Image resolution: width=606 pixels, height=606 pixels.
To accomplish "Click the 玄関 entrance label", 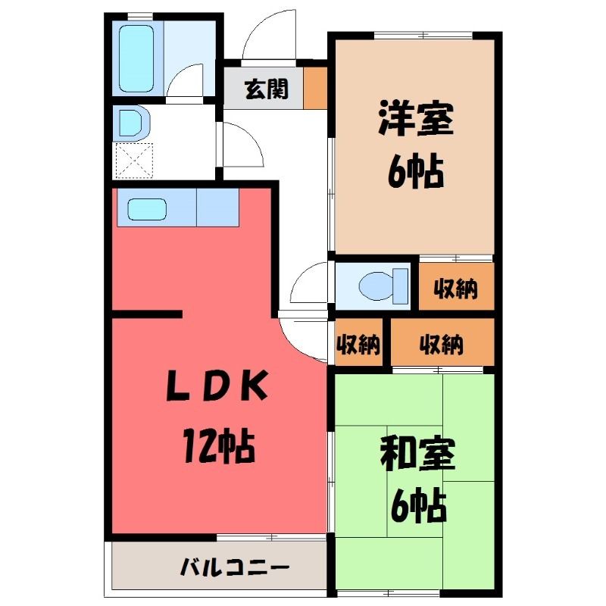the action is click(x=267, y=89).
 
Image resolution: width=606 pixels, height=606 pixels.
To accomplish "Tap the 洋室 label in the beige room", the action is click(x=416, y=117).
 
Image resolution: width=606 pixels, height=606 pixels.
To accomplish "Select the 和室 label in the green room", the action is click(x=417, y=452).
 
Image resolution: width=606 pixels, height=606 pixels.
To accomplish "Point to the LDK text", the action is click(x=217, y=385).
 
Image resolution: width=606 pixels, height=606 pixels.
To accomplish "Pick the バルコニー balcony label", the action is click(x=235, y=567).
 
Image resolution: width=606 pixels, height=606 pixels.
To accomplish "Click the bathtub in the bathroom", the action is click(x=136, y=58).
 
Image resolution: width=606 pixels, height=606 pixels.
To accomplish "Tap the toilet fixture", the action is click(x=383, y=286).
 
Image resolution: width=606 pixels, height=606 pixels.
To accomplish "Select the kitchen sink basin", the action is click(x=147, y=209).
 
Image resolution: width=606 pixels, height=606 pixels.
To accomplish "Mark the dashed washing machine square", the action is click(x=134, y=161).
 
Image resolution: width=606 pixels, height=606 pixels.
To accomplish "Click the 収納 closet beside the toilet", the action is click(x=457, y=286).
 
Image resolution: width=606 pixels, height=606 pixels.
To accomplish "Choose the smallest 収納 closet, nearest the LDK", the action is click(x=358, y=342).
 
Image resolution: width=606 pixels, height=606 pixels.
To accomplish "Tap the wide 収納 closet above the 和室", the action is click(x=442, y=342).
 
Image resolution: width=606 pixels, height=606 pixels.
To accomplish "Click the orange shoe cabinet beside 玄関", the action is click(x=315, y=88).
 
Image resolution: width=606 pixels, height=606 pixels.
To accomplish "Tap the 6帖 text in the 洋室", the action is click(x=415, y=171).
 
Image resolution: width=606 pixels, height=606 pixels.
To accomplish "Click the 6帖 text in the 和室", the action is click(x=419, y=505).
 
